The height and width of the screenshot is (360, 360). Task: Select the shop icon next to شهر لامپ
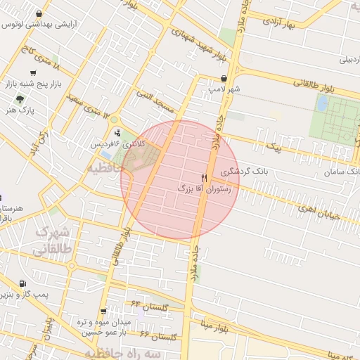(x=224, y=79)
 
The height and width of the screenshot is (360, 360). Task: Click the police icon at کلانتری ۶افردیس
(x=117, y=131)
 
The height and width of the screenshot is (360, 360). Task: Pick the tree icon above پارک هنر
(x=20, y=99)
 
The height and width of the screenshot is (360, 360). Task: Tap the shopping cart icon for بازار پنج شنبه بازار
(x=33, y=73)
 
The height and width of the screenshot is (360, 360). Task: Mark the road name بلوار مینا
(x=215, y=328)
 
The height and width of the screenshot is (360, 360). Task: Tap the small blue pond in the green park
(x=322, y=103)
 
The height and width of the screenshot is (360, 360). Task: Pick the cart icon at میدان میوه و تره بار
(x=103, y=311)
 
